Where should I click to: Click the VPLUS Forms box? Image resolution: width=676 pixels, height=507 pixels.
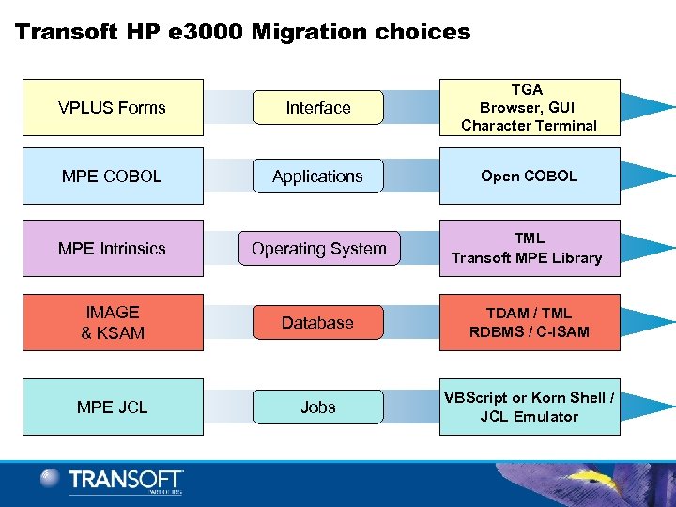tap(113, 108)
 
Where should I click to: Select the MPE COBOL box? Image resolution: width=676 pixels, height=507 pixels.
tap(113, 177)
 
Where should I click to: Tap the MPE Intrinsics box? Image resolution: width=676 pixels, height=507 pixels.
tap(113, 249)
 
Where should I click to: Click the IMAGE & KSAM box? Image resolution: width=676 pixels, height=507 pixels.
tap(113, 322)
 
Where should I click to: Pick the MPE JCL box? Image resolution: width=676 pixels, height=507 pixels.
tap(113, 407)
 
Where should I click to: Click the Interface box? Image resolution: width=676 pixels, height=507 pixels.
tap(318, 108)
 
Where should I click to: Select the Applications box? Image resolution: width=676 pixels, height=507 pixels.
tap(318, 177)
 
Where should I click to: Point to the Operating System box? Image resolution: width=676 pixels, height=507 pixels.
tap(318, 249)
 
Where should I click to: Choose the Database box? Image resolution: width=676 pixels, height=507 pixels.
tap(318, 323)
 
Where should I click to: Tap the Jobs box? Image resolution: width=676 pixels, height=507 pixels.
tap(318, 407)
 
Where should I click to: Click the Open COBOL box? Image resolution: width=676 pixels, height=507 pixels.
tap(530, 177)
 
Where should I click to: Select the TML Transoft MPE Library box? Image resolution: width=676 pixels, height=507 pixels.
tap(530, 248)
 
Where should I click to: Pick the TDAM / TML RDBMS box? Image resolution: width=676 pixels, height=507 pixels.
tap(530, 322)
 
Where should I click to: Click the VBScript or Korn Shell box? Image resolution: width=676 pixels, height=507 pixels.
tap(530, 407)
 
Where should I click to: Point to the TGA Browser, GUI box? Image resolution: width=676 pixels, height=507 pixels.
tap(530, 108)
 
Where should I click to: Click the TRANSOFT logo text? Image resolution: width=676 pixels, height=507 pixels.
tap(126, 480)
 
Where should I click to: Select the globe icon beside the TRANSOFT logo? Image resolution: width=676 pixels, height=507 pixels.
tap(51, 479)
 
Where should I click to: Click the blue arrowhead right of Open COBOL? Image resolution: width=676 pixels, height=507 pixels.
tap(648, 176)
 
